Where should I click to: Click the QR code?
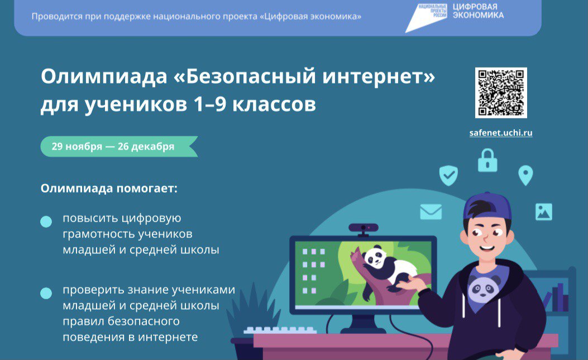point(501,93)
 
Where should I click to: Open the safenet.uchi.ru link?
point(501,133)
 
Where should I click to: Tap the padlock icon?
point(487,160)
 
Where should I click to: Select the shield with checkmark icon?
point(448,175)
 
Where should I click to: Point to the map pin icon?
point(525,175)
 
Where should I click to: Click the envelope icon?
point(431,212)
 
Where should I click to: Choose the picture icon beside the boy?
point(544,212)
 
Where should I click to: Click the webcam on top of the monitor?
point(364,229)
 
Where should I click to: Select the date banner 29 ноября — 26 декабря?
point(119,146)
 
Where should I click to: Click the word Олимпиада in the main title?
point(104,77)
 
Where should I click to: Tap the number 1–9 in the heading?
point(210,104)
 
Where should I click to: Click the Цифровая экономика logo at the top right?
point(455,17)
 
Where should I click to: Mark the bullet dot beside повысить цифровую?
point(46,222)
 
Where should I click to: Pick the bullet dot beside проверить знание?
point(46,293)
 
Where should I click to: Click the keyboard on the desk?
point(279,330)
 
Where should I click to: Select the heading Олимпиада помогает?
point(109,188)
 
